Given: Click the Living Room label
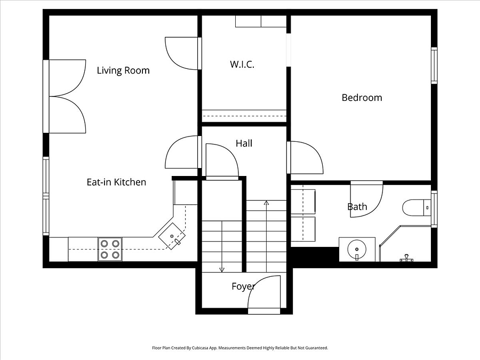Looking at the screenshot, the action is (123, 70).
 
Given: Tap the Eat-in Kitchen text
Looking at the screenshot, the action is (116, 182).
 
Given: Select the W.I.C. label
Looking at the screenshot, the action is (242, 65).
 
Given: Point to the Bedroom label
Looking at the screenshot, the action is (362, 98).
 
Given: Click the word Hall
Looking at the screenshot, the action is (244, 143).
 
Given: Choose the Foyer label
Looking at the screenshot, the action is (243, 286).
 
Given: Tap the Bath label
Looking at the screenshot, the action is (357, 206).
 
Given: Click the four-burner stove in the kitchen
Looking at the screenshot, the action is (110, 249).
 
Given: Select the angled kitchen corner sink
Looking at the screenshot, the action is (172, 236).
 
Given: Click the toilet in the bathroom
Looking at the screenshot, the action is (417, 207).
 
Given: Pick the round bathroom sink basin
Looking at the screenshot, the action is (357, 250).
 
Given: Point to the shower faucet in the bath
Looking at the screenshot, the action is (406, 258).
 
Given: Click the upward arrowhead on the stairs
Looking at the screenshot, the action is (266, 203).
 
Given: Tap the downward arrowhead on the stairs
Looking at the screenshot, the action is (222, 270).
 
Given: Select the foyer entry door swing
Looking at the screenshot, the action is (264, 292).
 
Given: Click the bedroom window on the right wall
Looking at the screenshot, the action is (434, 65).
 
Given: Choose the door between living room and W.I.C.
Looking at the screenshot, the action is (181, 53).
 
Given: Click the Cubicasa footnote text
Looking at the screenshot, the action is (240, 348).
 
